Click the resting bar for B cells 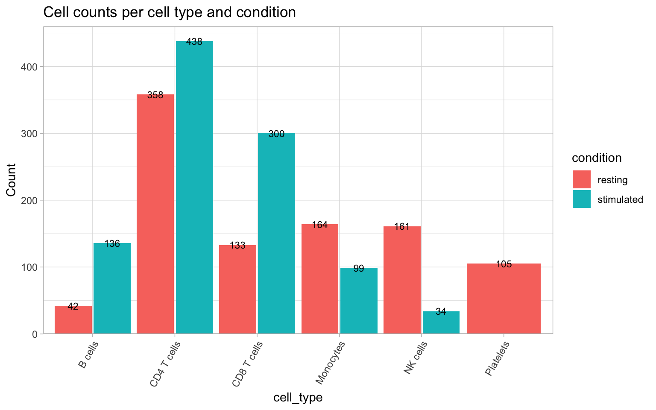(x=73, y=320)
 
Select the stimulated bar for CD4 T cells (x=194, y=188)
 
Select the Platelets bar (x=504, y=299)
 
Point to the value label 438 (x=194, y=42)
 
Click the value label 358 (x=155, y=95)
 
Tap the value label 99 (x=359, y=269)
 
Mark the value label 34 (x=441, y=312)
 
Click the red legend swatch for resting (x=581, y=179)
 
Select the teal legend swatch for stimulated (x=581, y=199)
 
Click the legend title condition (x=597, y=158)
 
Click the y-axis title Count (x=11, y=180)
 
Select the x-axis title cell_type (x=298, y=398)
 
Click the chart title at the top (x=170, y=12)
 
